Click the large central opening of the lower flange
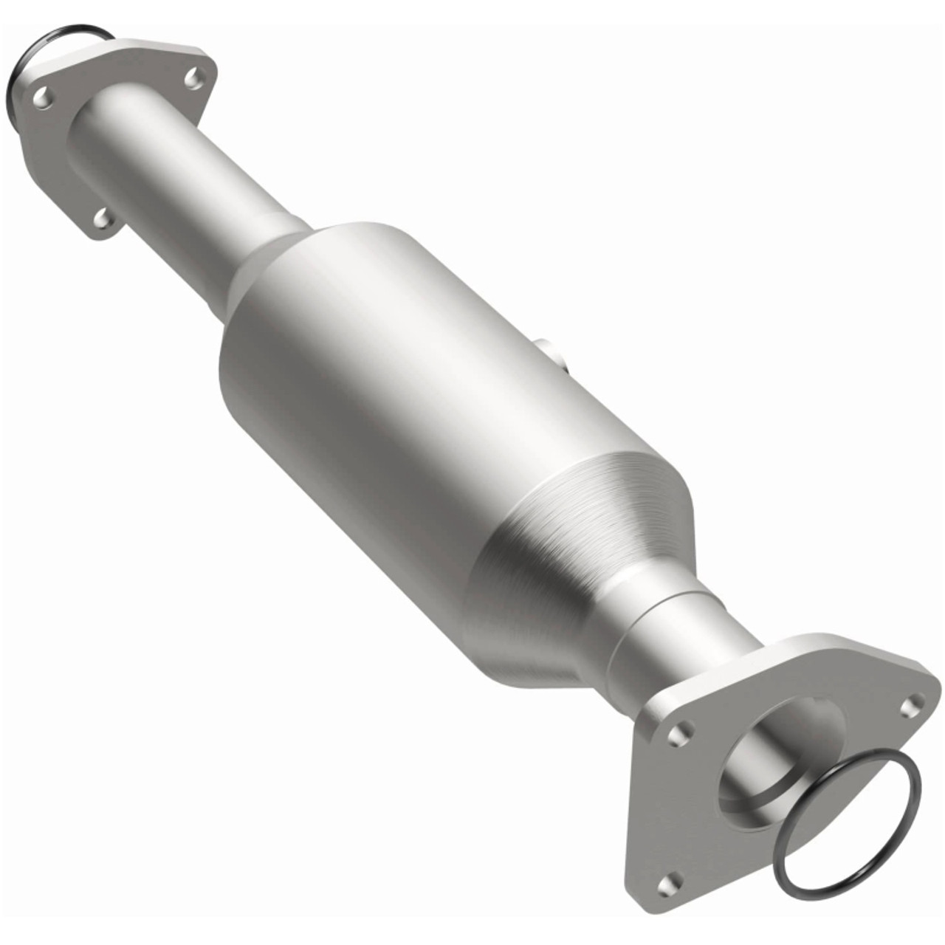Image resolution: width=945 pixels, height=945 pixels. pos(783,746)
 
